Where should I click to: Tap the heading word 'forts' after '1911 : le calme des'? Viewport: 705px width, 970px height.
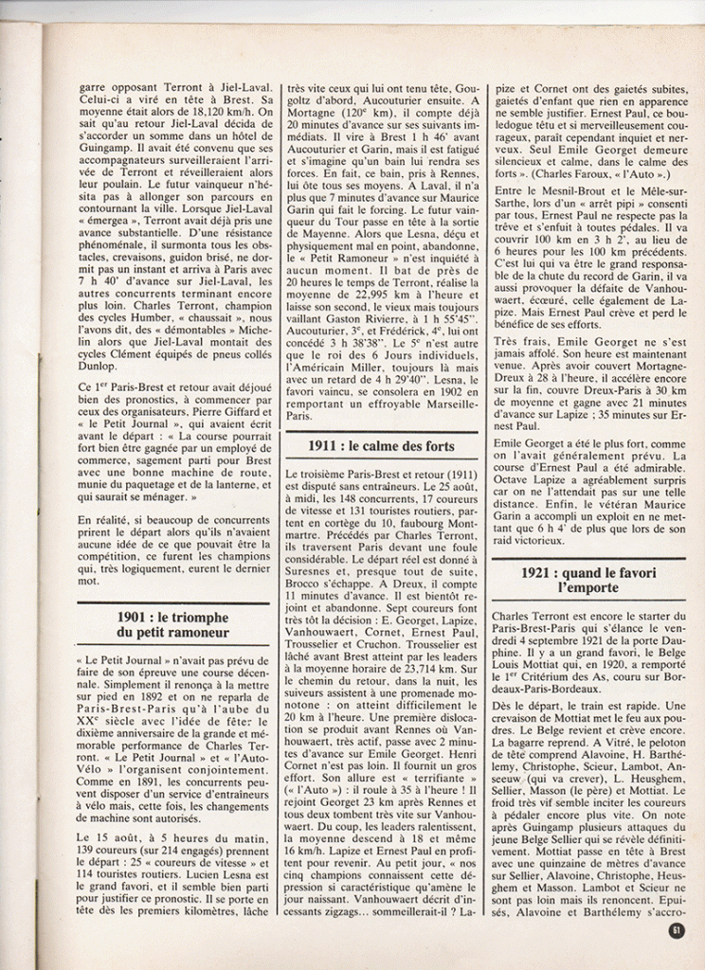click(x=434, y=446)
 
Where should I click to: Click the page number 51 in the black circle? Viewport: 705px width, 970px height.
click(x=676, y=930)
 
